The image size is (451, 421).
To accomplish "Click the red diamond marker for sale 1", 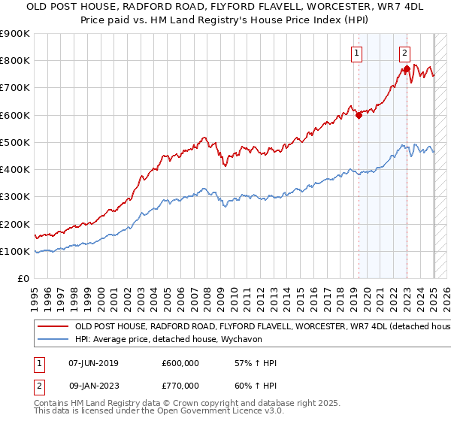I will [x=359, y=116].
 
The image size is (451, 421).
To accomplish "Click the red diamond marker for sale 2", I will [x=407, y=69].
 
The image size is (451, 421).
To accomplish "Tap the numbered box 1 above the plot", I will [x=356, y=53].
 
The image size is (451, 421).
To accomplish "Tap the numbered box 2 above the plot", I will [x=404, y=53].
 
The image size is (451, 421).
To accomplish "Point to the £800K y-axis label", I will [x=15, y=61].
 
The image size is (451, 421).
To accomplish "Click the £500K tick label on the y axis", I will [x=15, y=143].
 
